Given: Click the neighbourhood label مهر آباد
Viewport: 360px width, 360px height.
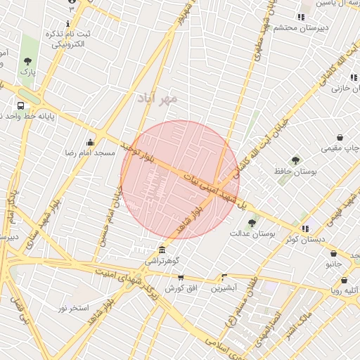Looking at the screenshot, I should pyautogui.click(x=159, y=99).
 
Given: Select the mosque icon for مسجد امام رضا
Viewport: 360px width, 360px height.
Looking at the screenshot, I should pyautogui.click(x=89, y=143).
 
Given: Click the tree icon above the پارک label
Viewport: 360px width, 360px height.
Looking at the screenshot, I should pyautogui.click(x=27, y=61).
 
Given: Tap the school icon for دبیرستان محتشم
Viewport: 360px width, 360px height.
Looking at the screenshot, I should pyautogui.click(x=301, y=18).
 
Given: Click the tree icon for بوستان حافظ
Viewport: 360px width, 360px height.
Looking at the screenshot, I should pyautogui.click(x=295, y=161).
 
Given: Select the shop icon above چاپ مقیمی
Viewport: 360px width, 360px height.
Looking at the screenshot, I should pyautogui.click(x=341, y=138).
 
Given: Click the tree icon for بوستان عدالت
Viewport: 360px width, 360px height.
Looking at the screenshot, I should pyautogui.click(x=252, y=223).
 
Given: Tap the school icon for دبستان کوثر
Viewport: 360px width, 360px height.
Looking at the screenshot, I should pyautogui.click(x=305, y=229).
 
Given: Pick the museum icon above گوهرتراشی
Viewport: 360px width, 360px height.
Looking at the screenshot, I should pyautogui.click(x=162, y=250).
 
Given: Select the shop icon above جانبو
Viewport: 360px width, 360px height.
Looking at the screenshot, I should pyautogui.click(x=333, y=254).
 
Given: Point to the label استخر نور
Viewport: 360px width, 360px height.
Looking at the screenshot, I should pyautogui.click(x=73, y=308).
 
